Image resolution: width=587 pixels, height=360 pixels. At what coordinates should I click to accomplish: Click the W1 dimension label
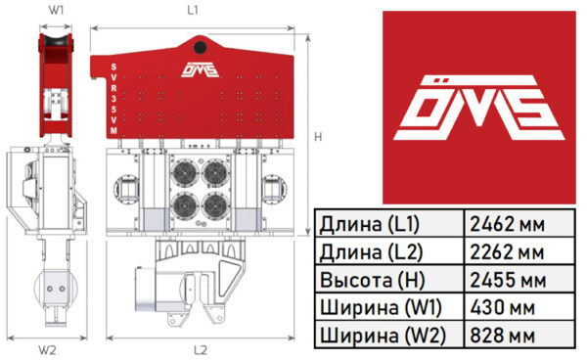tap(56, 10)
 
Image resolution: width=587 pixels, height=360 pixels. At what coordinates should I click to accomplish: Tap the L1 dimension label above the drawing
tap(193, 11)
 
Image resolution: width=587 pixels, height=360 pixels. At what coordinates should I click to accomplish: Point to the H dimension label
tap(318, 137)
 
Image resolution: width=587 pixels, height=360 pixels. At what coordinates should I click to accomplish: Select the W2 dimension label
tap(47, 350)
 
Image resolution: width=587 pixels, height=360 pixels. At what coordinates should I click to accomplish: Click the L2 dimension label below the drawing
tap(201, 350)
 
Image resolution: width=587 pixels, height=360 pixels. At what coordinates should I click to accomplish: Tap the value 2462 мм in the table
tap(507, 224)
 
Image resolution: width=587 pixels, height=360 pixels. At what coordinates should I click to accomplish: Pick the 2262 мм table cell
tap(507, 252)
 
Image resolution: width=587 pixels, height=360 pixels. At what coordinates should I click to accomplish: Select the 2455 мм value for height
tap(508, 280)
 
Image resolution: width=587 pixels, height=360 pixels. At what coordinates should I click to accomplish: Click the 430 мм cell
tap(503, 307)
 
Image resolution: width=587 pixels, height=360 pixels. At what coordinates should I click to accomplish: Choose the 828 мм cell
tap(503, 336)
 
